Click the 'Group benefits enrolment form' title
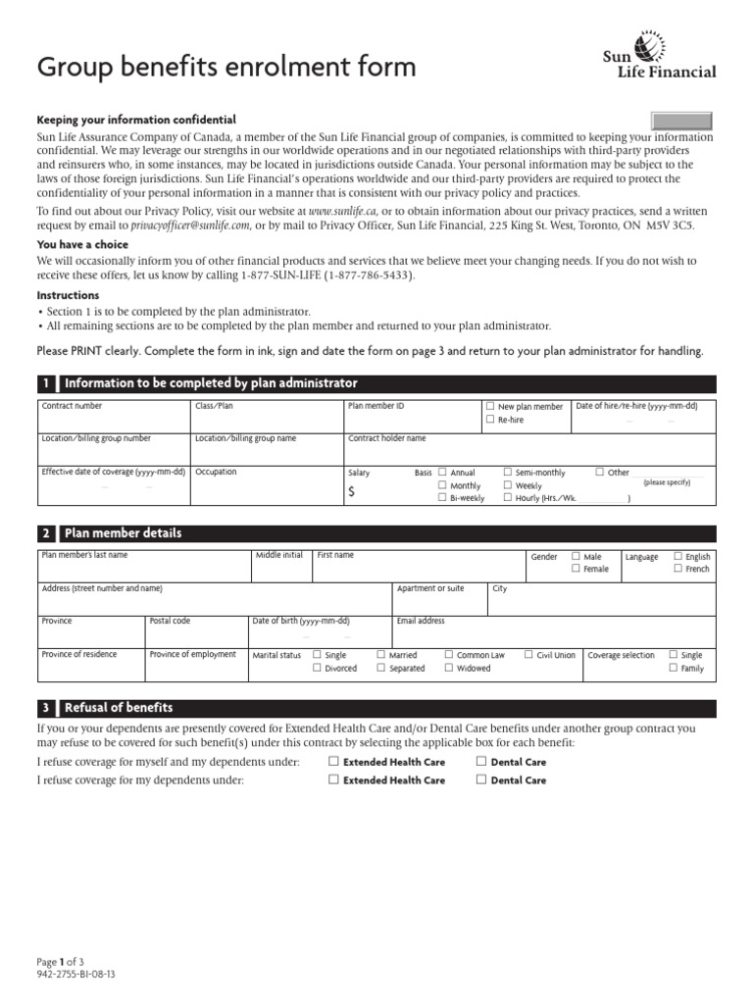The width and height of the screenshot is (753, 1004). coord(226,68)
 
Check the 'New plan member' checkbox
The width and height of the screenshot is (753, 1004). coord(490,406)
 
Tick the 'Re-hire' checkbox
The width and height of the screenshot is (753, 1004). coord(490,420)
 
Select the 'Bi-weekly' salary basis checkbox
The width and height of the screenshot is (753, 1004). coord(442,498)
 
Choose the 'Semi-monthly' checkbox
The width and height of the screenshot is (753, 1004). coord(508,472)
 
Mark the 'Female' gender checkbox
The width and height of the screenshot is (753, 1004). coord(576,569)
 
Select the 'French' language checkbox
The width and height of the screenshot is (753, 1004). coord(678,569)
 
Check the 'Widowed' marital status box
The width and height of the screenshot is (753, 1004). coord(449,668)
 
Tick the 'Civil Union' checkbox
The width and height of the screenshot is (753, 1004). coord(529,654)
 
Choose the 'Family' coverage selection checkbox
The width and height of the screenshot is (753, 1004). coord(673,668)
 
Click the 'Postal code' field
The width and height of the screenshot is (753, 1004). coord(195,631)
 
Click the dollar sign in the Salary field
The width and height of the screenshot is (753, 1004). coord(352,493)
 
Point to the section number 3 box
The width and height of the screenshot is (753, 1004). coord(45,708)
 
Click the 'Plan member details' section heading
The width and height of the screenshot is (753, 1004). coord(123,533)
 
